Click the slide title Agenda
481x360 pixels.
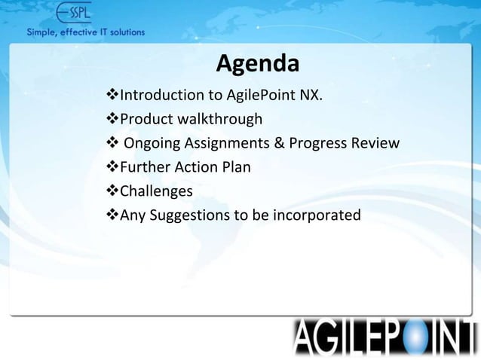[x=257, y=66]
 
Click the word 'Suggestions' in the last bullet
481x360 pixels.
[x=190, y=216]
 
